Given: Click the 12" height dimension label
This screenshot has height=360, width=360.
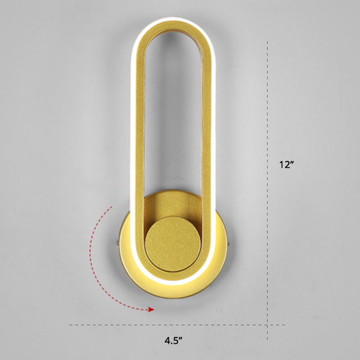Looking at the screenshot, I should pos(286,165).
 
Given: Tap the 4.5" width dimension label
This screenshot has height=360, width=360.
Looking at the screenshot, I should pos(173,341).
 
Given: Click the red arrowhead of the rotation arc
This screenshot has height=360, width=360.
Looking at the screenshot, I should pos(152,309).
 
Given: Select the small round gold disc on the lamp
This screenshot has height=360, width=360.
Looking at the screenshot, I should pos(173,243).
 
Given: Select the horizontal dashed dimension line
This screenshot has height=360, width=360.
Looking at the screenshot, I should pos(135,325).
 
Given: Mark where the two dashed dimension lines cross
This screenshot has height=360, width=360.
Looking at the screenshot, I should pos(268,325).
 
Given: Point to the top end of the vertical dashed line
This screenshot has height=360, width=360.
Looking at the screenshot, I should pos(268,41).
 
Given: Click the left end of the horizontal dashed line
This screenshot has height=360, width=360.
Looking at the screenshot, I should pos(70,325).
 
